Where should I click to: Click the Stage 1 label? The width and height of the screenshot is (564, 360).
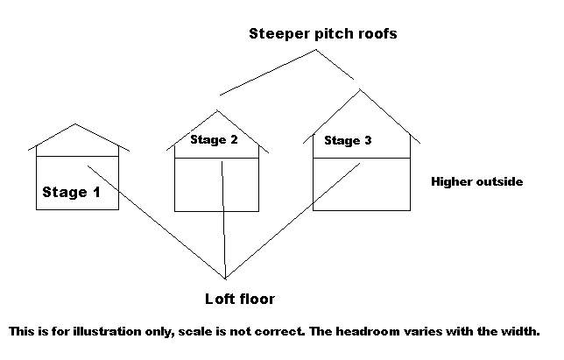pos(77,192)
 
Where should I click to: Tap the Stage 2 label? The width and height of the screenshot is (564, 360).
pos(214,139)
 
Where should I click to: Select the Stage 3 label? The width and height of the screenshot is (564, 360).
pos(348,140)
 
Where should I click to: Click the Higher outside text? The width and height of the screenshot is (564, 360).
pos(476,182)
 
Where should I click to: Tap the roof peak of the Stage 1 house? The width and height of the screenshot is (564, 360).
pos(76,124)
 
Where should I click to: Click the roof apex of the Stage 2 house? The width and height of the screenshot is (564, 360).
pos(217,110)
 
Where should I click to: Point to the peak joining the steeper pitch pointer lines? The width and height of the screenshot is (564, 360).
pos(316,50)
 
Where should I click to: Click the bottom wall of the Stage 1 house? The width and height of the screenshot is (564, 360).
pos(77,209)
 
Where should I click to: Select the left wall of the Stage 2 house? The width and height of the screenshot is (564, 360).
pos(175,180)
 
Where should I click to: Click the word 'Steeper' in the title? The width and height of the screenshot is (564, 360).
pos(278,35)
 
